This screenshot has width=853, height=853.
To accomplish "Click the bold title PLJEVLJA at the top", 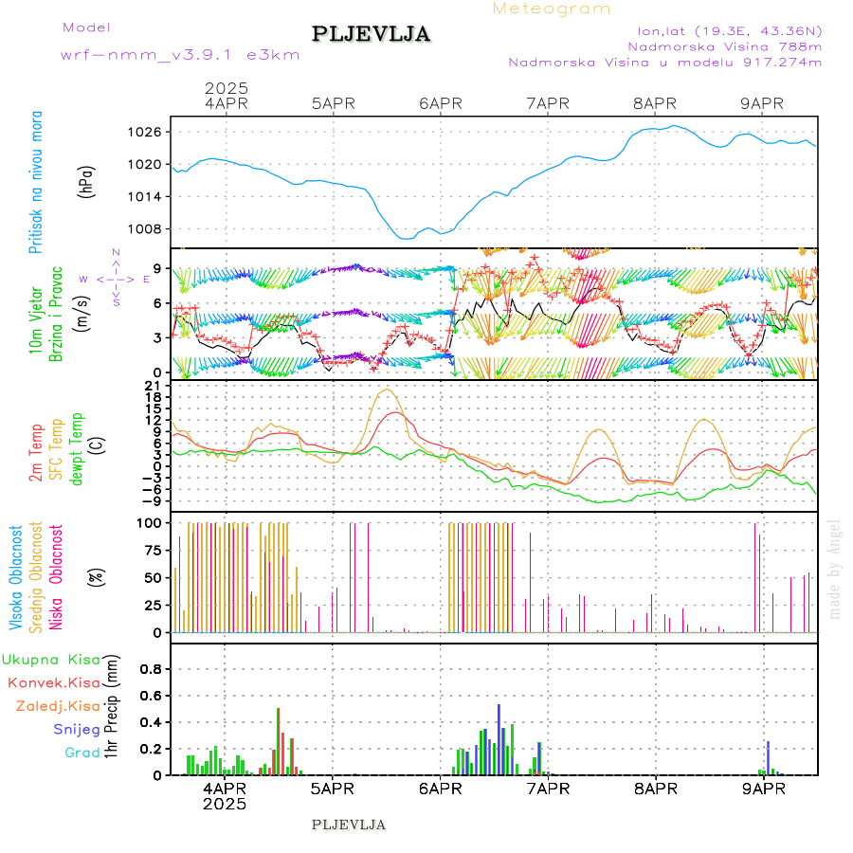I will (371, 34).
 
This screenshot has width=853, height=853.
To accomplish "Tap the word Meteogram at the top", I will (552, 9).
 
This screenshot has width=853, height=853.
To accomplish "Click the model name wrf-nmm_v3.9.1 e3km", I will (180, 55).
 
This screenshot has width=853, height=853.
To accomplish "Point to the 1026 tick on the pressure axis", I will (149, 132).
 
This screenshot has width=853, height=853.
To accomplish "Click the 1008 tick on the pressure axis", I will (149, 228).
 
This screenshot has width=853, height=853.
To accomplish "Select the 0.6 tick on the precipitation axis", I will (151, 695).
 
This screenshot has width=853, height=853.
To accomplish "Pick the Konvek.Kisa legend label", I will (53, 682).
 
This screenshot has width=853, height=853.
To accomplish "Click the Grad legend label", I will (82, 753).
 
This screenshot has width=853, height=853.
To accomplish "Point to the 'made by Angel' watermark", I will (834, 569).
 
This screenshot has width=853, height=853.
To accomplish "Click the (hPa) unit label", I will (87, 181).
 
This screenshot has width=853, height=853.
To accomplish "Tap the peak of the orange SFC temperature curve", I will (386, 390).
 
